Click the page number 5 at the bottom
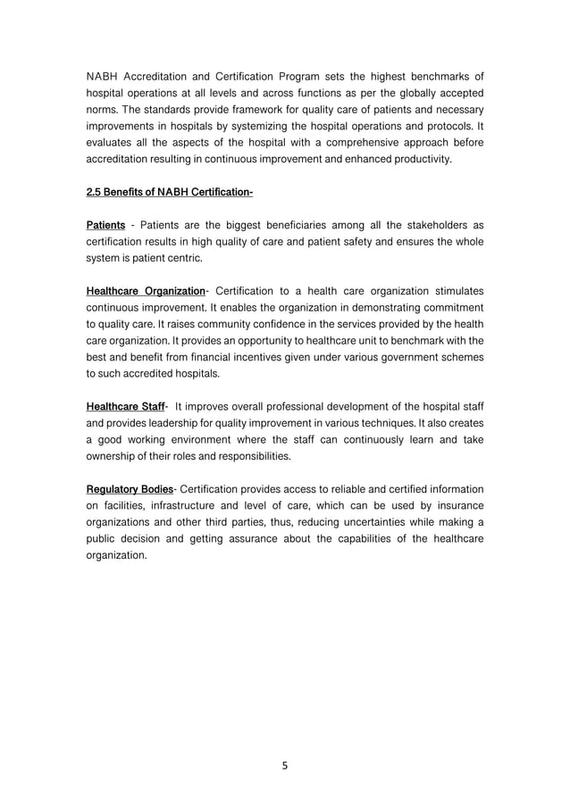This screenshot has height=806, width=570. pos(285,765)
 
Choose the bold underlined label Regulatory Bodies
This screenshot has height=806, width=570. pos(129,489)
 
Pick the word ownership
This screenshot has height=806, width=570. pos(113,457)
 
